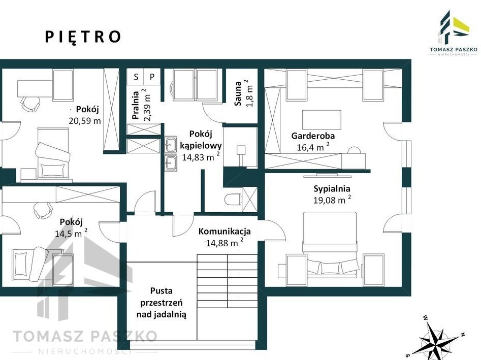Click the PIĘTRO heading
coord(83,37)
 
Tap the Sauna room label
coord(238,93)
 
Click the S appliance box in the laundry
coord(136,77)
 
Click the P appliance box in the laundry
coord(152,77)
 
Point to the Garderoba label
coord(313,136)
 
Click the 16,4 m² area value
coord(313,147)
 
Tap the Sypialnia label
coord(332,188)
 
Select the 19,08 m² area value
coord(332,200)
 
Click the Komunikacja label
coord(225,231)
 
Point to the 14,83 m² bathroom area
coord(201,157)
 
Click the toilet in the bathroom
coord(233,200)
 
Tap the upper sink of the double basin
coord(171,144)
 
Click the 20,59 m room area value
coord(85,121)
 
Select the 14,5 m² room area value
coord(71,233)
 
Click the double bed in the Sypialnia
coord(330,245)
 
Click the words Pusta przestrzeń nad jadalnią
coord(162,302)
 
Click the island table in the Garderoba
coord(322,120)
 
